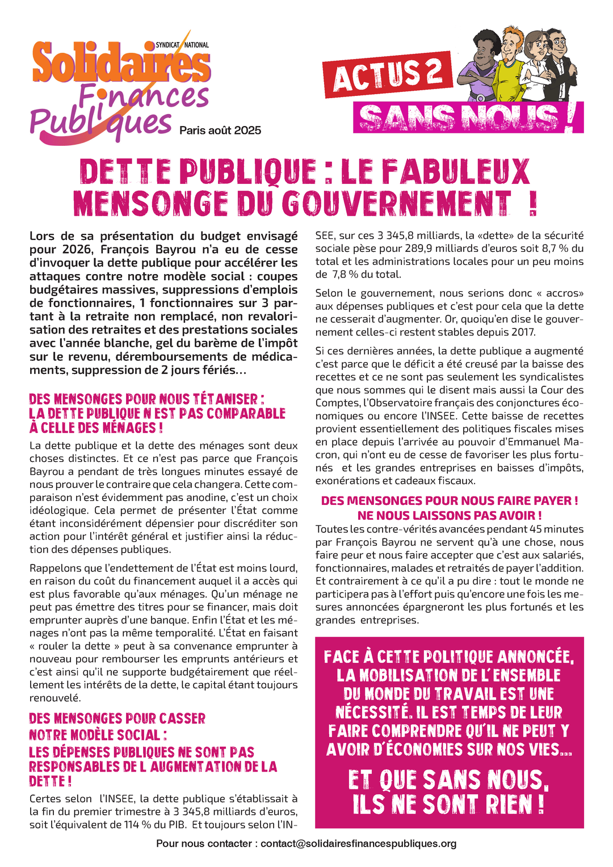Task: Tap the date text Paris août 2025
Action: pyautogui.click(x=220, y=131)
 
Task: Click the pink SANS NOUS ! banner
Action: pyautogui.click(x=468, y=118)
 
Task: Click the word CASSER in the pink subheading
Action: pyautogui.click(x=182, y=718)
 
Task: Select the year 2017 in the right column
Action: pyautogui.click(x=522, y=332)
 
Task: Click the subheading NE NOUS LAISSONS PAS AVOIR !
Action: pyautogui.click(x=450, y=515)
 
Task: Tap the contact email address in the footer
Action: pyautogui.click(x=358, y=844)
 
